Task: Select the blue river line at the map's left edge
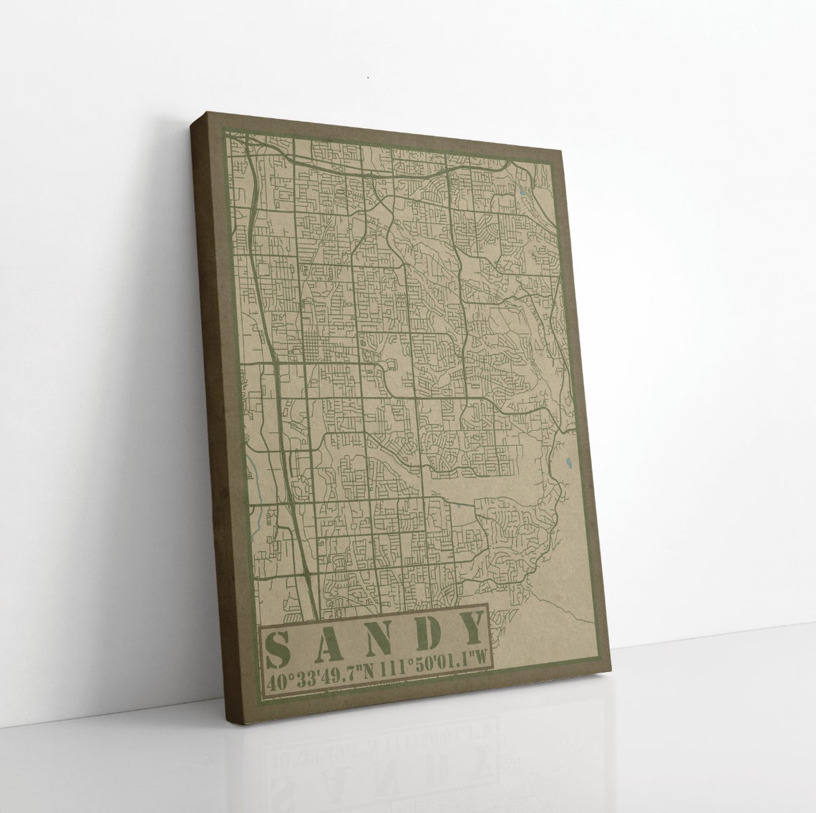click(253, 472)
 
